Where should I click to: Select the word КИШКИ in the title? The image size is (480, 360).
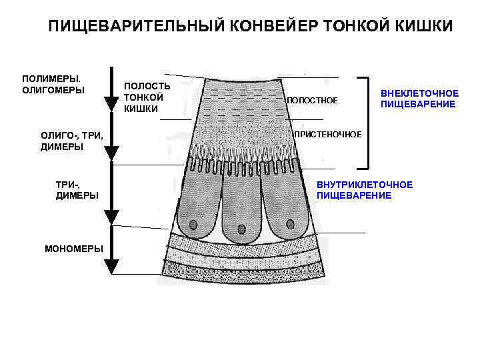coord(419,27)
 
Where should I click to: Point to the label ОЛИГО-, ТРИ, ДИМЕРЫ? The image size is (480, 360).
coord(70,141)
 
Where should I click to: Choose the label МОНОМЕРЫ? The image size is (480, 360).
coord(73,249)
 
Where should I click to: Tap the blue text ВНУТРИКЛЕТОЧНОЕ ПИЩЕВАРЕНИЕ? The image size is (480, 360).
coord(365,190)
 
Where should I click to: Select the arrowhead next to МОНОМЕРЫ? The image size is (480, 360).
coord(111,266)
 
